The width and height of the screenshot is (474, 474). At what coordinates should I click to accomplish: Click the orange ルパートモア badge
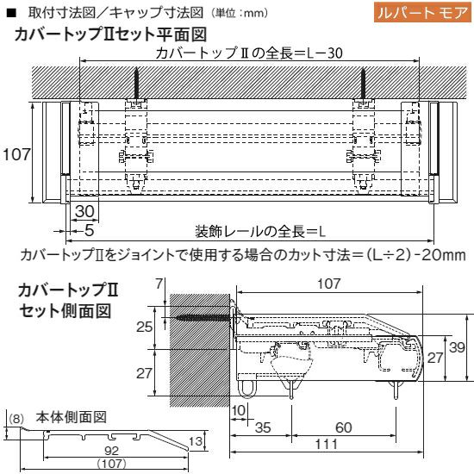point(422,12)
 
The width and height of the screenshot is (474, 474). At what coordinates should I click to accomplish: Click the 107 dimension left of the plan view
point(16,154)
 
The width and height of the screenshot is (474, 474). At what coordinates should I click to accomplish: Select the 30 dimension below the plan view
point(84,211)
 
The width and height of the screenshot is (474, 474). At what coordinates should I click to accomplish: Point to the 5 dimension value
point(89,230)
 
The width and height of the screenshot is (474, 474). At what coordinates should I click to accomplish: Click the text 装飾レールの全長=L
point(260,232)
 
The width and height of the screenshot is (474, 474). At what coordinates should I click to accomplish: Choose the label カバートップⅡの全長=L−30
point(249,53)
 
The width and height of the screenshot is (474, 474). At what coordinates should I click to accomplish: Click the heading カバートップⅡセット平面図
point(110,34)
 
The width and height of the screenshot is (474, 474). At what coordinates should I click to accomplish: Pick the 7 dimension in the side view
point(159,284)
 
